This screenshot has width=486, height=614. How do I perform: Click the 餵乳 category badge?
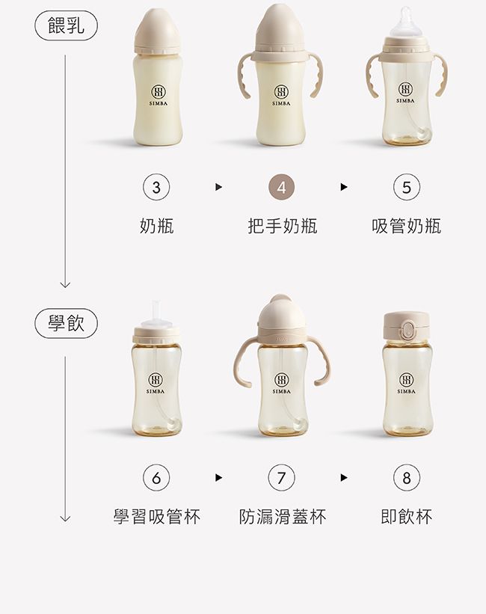click(x=67, y=27)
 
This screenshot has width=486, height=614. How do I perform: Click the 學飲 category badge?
click(x=67, y=323)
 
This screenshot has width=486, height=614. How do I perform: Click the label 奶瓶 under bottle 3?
click(x=156, y=226)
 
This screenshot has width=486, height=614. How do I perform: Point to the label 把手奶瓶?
click(x=282, y=226)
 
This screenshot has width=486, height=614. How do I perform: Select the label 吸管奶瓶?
click(x=406, y=226)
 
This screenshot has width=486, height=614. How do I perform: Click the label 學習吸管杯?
click(x=156, y=516)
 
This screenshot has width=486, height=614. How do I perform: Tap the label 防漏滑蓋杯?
click(x=282, y=516)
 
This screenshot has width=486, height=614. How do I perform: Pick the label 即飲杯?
click(x=406, y=516)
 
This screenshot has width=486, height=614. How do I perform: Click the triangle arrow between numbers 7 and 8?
click(x=344, y=477)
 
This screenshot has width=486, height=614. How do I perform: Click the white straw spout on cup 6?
click(x=157, y=313)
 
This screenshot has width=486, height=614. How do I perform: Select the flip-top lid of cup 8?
click(x=406, y=326)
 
